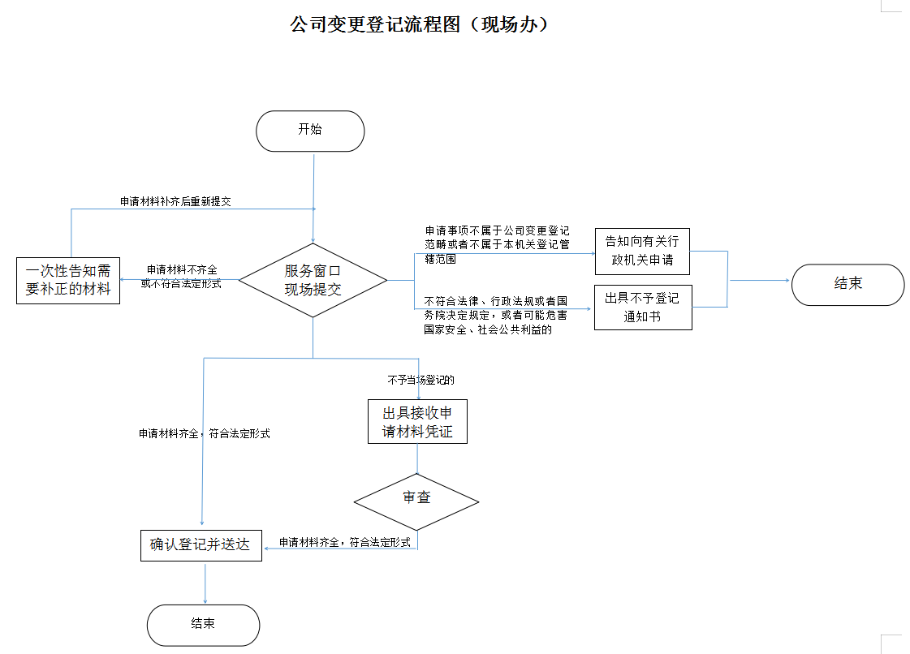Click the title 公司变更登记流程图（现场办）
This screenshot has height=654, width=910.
pos(420,24)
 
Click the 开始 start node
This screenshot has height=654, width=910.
pos(310,131)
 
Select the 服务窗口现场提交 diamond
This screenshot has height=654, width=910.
pos(313,280)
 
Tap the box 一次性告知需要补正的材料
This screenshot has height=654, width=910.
pos(68,280)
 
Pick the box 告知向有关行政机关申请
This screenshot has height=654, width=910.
pos(642,251)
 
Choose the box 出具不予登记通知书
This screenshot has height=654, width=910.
pos(643,308)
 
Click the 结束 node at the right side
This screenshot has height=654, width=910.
pos(847,284)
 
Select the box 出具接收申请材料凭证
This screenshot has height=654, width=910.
pos(417,422)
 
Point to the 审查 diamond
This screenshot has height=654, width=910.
pos(417,497)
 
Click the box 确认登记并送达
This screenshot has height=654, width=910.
pos(201,544)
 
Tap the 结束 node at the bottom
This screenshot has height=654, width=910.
pos(203,624)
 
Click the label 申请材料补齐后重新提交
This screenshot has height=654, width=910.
pos(175,201)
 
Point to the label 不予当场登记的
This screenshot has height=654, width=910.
pos(420,380)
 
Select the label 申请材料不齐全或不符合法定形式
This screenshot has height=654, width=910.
pos(180,276)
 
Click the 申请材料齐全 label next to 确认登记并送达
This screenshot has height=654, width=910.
pos(345,542)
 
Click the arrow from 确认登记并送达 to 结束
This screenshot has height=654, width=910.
pos(205,583)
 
